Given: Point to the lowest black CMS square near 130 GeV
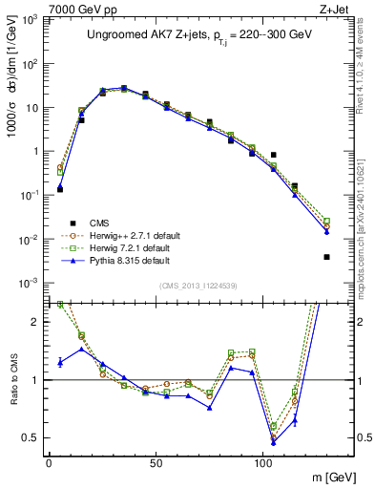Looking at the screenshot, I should [x=326, y=257].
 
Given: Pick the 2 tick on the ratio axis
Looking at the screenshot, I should [x=34, y=322].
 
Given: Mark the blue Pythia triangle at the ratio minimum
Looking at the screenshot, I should [x=274, y=442].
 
